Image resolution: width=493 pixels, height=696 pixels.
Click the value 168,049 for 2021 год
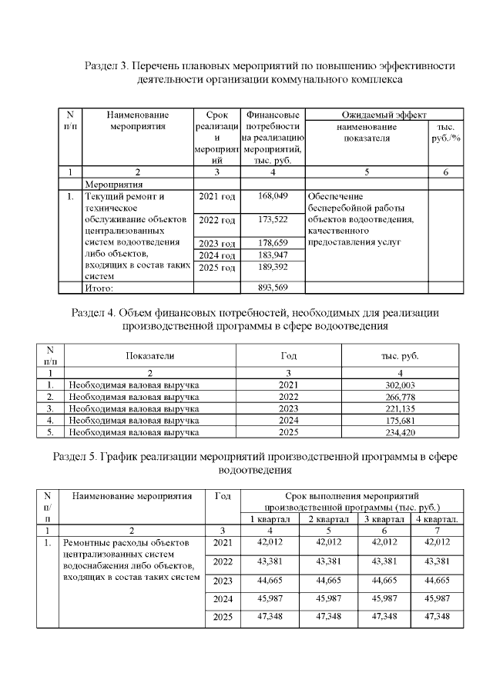point(274,197)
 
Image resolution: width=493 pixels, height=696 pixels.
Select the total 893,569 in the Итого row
point(274,288)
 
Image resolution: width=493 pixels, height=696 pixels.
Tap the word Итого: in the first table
point(99,288)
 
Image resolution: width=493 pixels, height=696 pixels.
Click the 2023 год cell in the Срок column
point(216,244)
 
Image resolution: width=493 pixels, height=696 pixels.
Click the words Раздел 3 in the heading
point(109,66)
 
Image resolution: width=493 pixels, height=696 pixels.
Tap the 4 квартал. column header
point(437,519)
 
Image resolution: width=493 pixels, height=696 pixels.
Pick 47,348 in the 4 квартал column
point(437,617)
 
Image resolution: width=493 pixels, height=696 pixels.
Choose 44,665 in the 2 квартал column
point(330,579)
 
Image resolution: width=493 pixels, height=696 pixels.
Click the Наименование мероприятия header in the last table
point(132,496)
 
